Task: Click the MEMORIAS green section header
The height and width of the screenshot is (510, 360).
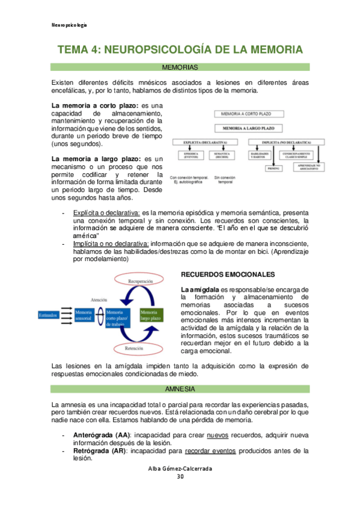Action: coord(180,67)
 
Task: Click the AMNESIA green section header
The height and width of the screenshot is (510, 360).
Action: coord(180,390)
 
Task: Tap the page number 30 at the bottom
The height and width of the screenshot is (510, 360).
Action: coord(180,477)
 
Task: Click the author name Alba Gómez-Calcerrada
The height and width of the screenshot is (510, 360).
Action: coord(180,468)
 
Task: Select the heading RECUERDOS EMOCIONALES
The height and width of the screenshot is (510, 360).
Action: coord(228,274)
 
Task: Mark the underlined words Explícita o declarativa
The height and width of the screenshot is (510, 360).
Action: coord(106,212)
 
